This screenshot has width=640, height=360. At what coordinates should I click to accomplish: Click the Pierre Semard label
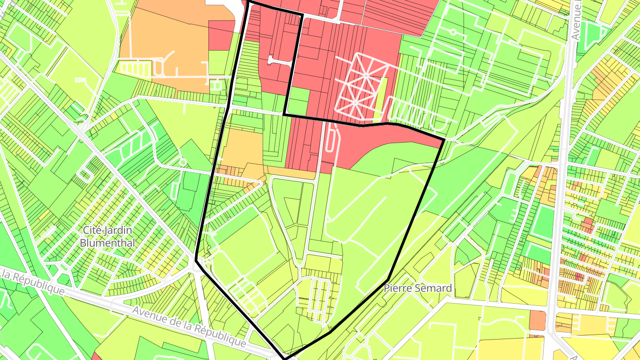click(418, 288)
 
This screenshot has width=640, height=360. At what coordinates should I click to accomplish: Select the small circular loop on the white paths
click(453, 32)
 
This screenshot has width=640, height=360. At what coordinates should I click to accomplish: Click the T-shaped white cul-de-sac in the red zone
click(281, 61)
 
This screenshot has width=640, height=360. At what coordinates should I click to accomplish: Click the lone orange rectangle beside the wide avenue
click(537, 320)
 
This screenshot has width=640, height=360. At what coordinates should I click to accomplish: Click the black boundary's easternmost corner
click(444, 140)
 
